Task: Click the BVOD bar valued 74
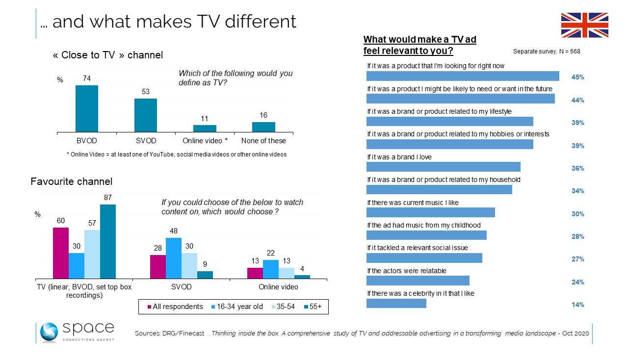(87, 108)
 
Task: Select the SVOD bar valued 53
(146, 115)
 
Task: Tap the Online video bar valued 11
(205, 128)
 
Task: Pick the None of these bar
(263, 127)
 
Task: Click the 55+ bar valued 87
(108, 241)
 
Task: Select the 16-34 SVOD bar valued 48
(174, 258)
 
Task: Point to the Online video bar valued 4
(302, 277)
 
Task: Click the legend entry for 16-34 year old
(236, 307)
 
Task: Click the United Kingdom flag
(584, 25)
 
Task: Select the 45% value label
(577, 77)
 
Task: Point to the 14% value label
(577, 305)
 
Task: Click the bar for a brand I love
(444, 167)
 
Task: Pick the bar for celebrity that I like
(396, 303)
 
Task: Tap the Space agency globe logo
(50, 333)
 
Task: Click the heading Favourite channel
(72, 181)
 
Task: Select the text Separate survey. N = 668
(547, 51)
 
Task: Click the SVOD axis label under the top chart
(146, 141)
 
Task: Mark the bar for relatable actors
(418, 281)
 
